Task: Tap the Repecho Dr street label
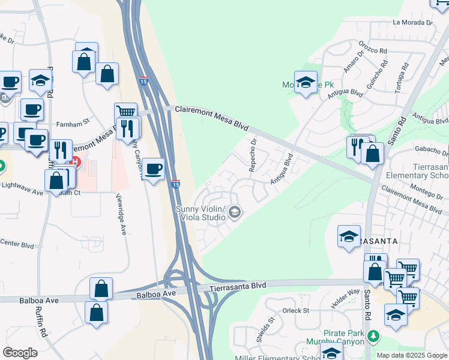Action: click(x=253, y=155)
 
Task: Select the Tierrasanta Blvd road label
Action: click(x=238, y=288)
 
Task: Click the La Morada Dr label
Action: click(x=412, y=22)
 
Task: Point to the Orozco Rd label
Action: click(x=373, y=48)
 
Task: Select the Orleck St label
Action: click(x=295, y=311)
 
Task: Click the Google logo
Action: click(x=20, y=353)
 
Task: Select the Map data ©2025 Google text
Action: click(x=411, y=355)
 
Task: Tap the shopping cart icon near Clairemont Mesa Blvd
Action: click(x=125, y=112)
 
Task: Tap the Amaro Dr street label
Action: click(x=349, y=62)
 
